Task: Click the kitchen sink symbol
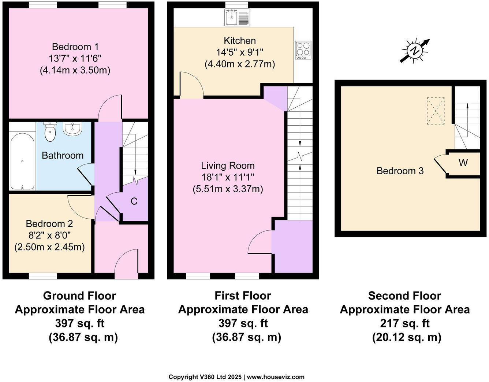pos(237,18)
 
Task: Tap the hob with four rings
pos(303,50)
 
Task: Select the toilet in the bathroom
pos(49,131)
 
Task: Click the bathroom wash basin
pos(72,129)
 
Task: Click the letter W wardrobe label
pos(463,163)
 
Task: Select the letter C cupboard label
pos(134,201)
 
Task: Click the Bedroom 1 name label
pos(75,47)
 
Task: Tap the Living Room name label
pos(228,166)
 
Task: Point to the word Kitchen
pos(240,41)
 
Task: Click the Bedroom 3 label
pos(400,171)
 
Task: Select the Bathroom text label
pos(63,155)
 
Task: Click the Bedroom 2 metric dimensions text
pos(49,247)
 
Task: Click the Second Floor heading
pos(404,296)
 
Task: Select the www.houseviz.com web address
pos(276,377)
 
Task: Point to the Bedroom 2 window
pos(43,276)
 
